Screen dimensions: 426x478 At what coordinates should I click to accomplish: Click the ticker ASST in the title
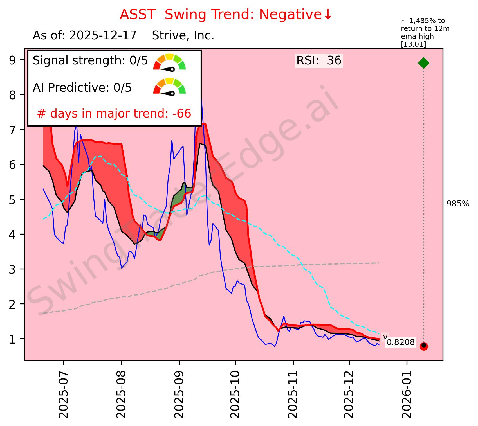(x=137, y=15)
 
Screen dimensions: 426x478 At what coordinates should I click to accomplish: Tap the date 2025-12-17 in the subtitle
(x=103, y=36)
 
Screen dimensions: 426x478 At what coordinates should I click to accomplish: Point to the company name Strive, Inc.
(x=183, y=36)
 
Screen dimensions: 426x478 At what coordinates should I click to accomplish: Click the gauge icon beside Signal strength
(x=169, y=62)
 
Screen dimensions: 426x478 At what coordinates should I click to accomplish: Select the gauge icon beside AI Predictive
(x=169, y=86)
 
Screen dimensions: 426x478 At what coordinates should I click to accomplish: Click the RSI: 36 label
(x=319, y=61)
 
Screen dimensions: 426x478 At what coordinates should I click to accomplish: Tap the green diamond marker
(x=424, y=63)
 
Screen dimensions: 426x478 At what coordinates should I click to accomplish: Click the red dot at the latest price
(x=424, y=346)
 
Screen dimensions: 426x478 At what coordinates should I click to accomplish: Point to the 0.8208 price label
(x=400, y=342)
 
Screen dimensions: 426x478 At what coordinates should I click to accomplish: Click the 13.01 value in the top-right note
(x=413, y=44)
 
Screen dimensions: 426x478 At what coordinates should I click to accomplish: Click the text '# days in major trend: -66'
(x=114, y=114)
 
